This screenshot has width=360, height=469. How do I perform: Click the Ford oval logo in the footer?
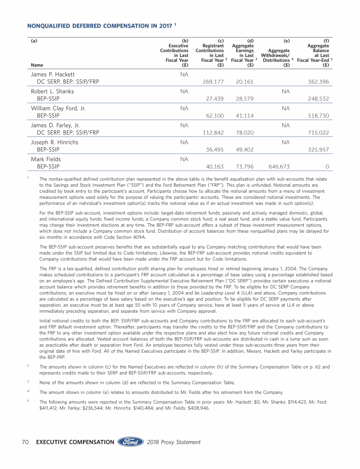(x=131, y=442)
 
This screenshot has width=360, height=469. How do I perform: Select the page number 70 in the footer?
(x=27, y=442)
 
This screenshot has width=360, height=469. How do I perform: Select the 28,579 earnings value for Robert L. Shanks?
(x=244, y=98)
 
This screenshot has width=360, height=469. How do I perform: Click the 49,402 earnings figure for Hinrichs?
(x=244, y=149)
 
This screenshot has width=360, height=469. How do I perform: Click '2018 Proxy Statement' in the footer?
(x=173, y=442)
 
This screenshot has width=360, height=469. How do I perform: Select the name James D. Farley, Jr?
(x=55, y=125)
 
